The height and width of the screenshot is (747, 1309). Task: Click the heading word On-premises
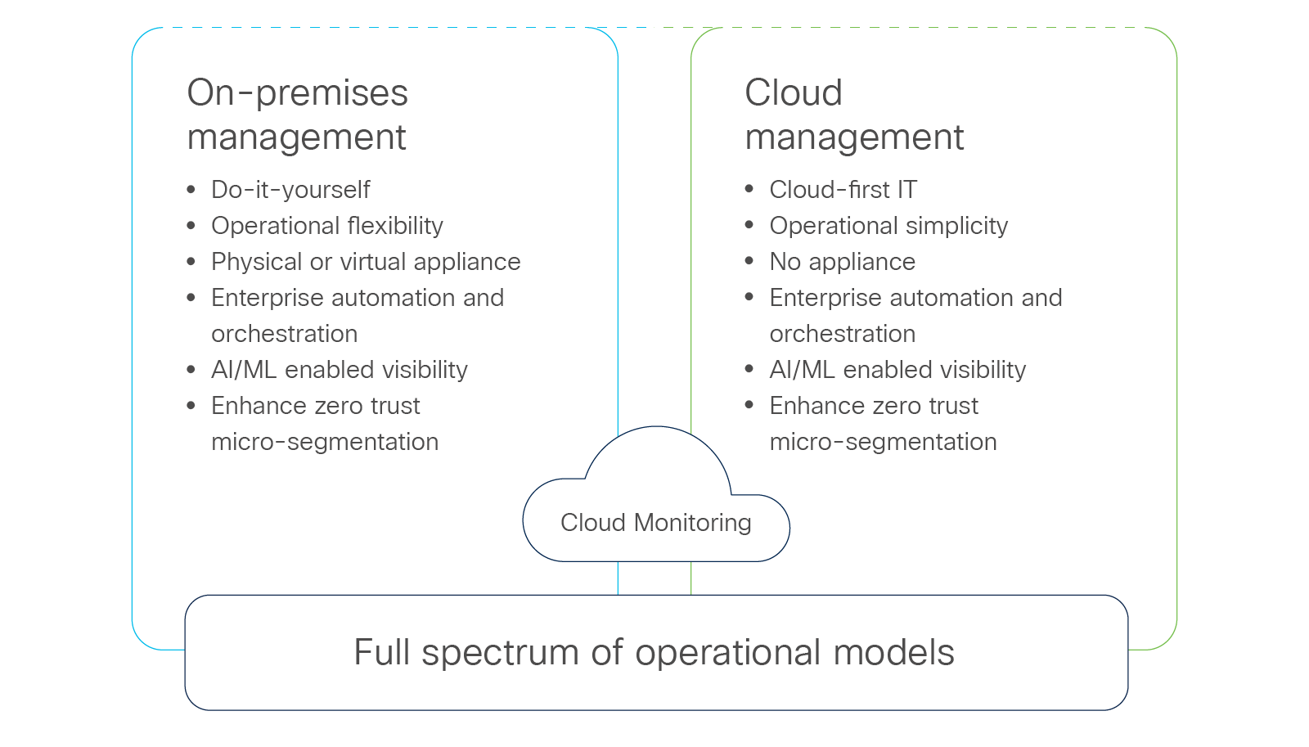[297, 93]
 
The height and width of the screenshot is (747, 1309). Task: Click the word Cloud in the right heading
[793, 93]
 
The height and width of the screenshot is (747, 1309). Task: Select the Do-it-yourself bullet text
[290, 190]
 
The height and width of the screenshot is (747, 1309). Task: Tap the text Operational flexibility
[327, 226]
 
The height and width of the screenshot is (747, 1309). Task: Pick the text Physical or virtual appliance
[366, 262]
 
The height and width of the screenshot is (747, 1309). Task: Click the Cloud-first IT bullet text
[843, 190]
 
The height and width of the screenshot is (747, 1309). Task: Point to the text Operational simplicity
[888, 226]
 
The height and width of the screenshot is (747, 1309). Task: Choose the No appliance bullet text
[842, 262]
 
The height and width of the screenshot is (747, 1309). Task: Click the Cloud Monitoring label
[655, 523]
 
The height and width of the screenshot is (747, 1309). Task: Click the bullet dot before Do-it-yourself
[191, 190]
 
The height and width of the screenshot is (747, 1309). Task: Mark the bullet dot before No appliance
[749, 261]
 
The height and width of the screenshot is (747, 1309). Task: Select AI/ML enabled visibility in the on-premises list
[340, 370]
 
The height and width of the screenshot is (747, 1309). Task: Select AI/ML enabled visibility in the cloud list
[897, 370]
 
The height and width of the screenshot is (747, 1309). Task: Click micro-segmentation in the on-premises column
[325, 442]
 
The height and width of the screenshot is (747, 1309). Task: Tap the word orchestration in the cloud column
[842, 334]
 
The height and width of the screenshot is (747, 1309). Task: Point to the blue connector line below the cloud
[618, 578]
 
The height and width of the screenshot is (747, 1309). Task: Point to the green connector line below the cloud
[691, 578]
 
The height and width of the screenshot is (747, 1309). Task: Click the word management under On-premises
[296, 137]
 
